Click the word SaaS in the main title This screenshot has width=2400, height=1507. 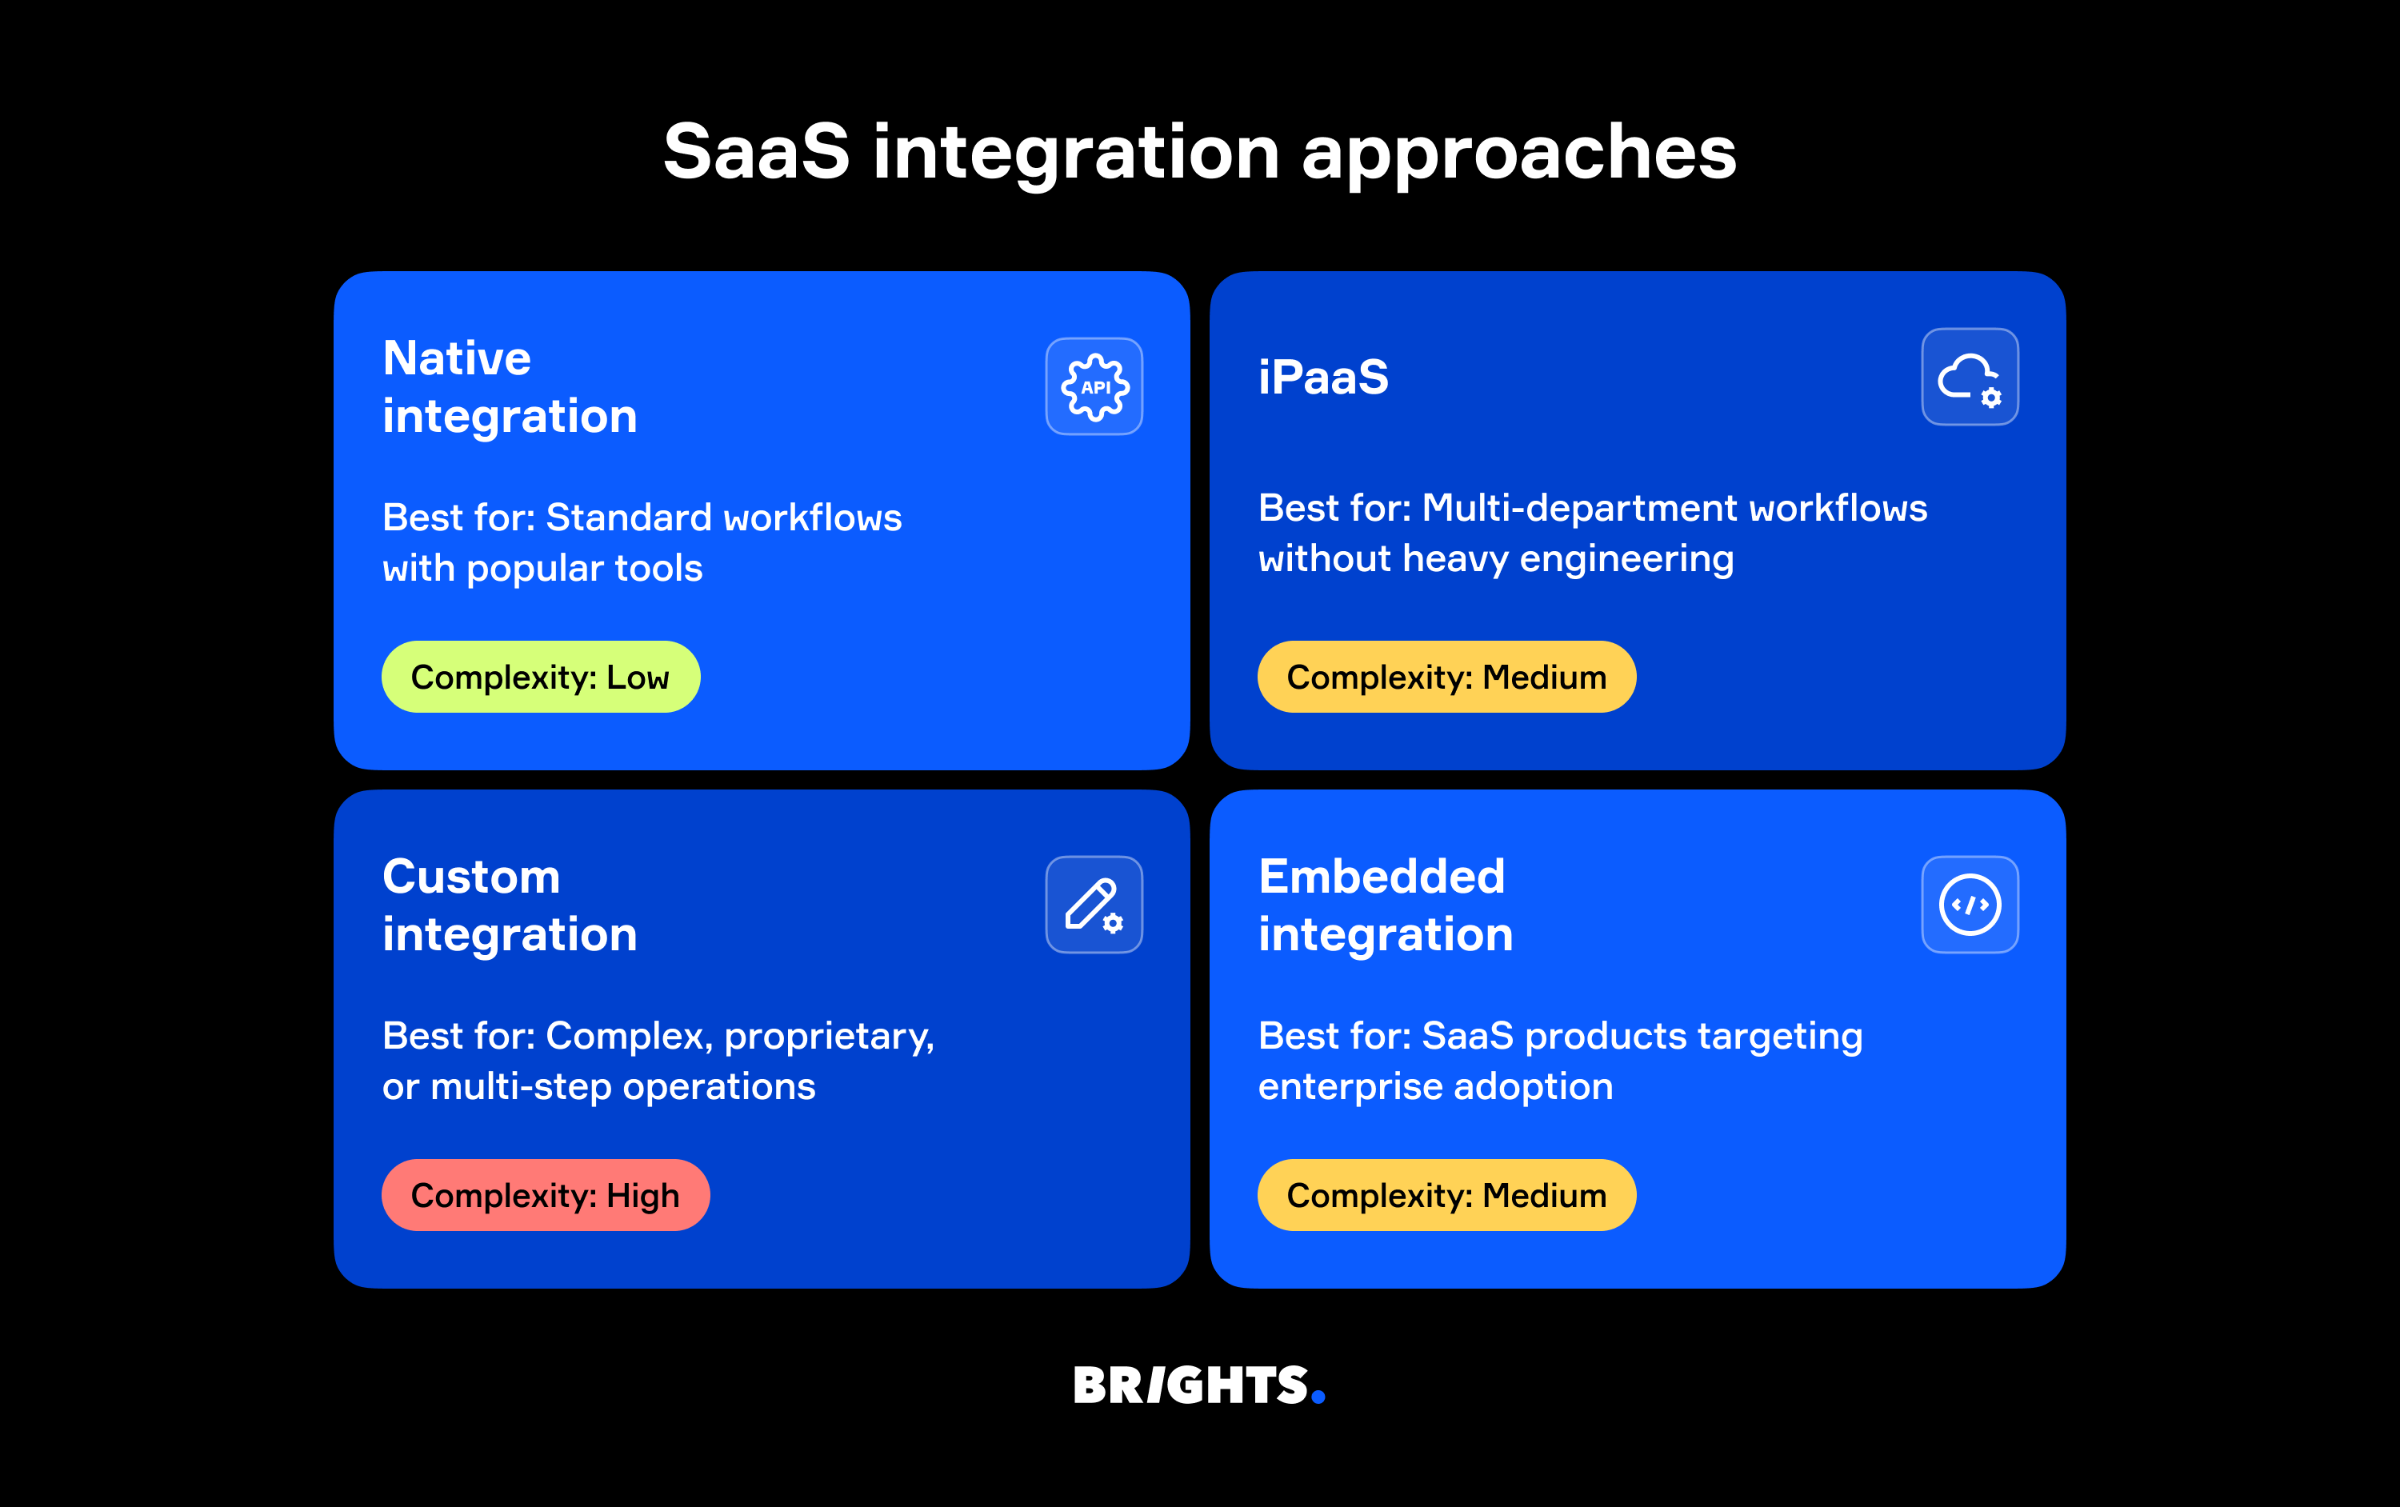point(757,153)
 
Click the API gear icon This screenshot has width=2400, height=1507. point(1094,386)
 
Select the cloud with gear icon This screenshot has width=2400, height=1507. point(1970,378)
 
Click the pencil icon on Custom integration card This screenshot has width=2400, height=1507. point(1094,905)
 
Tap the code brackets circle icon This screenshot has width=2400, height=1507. point(1970,905)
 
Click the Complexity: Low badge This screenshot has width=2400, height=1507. point(540,678)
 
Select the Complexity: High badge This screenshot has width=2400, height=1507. point(545,1195)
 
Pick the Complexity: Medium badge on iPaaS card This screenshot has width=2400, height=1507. point(1446,678)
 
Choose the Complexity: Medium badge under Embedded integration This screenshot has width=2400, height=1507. point(1446,1195)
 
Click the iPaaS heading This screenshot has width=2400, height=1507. point(1322,378)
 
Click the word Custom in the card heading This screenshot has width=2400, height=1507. point(470,877)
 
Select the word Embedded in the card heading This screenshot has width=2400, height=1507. point(1382,877)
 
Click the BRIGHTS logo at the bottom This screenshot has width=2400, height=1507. point(1190,1385)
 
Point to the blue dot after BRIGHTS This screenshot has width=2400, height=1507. point(1318,1397)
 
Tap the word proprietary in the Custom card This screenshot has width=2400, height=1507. point(827,1037)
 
